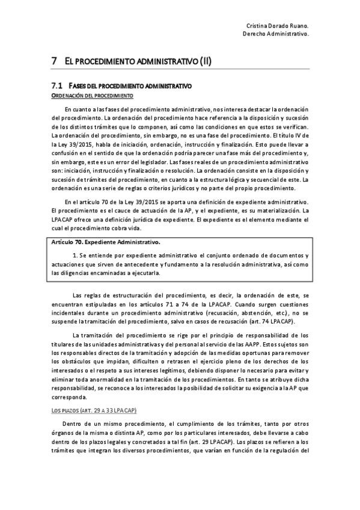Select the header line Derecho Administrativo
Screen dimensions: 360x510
[276, 34]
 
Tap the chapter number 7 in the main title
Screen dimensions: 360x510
[54, 61]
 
